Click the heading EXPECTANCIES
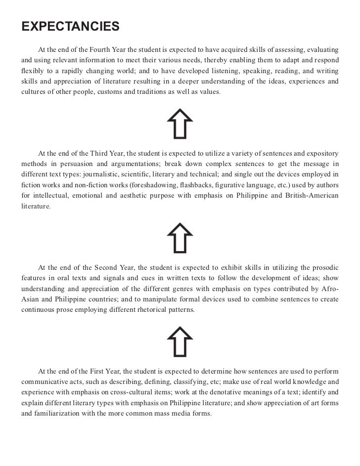[x=70, y=26]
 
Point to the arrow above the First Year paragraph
[x=180, y=341]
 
